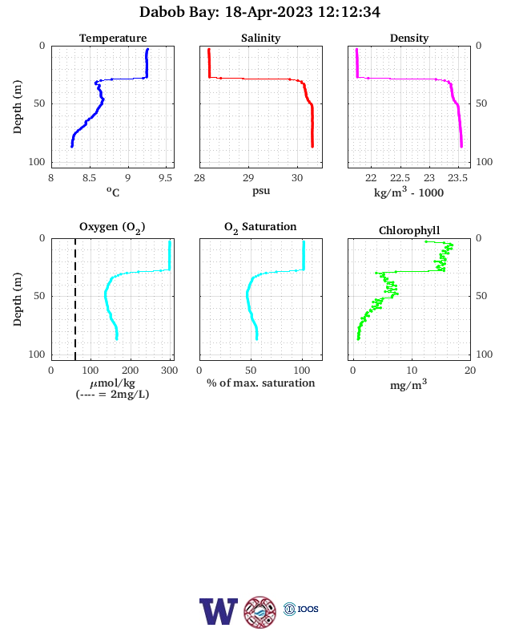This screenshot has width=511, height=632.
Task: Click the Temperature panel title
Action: click(x=113, y=38)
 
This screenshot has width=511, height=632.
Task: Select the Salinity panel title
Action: click(x=261, y=38)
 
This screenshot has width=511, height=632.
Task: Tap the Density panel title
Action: click(x=409, y=38)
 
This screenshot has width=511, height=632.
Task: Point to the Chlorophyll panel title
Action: click(x=409, y=230)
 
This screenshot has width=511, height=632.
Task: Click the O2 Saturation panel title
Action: click(x=260, y=227)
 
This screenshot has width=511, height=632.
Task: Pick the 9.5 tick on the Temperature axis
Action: click(x=165, y=178)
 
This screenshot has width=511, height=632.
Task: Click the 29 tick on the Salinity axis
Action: click(x=248, y=178)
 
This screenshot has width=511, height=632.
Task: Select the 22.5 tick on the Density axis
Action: click(x=400, y=178)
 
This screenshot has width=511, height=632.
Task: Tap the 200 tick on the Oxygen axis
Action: click(x=130, y=371)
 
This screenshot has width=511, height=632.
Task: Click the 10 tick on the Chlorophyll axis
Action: click(x=412, y=371)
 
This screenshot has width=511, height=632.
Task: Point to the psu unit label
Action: click(x=261, y=191)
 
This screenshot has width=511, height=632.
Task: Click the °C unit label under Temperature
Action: click(x=113, y=192)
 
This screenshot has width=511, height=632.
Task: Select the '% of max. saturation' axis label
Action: click(x=261, y=383)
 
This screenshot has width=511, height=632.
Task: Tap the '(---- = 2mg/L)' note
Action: click(x=112, y=394)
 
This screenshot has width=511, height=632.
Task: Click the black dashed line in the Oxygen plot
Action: click(x=75, y=299)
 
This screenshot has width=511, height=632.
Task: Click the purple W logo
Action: click(x=219, y=611)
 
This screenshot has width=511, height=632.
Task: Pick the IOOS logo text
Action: click(x=308, y=609)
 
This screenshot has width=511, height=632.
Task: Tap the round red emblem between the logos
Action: click(x=260, y=612)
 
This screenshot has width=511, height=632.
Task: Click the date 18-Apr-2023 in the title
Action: click(x=268, y=12)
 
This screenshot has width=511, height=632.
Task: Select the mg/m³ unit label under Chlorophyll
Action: click(x=408, y=384)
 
